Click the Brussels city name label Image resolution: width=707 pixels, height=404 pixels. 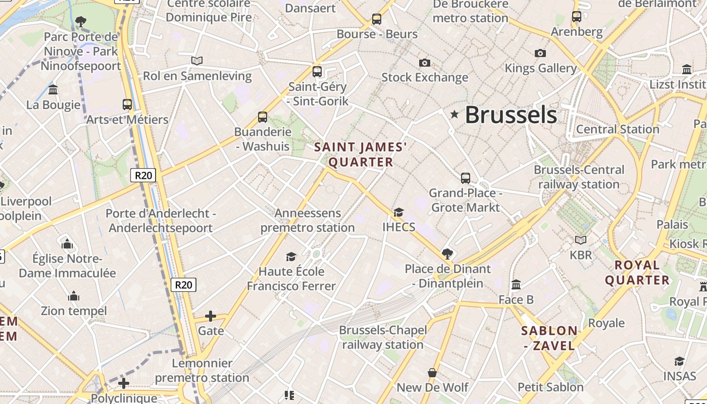511,115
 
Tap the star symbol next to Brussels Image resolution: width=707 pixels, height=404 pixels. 454,115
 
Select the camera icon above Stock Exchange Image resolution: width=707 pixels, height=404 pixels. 425,63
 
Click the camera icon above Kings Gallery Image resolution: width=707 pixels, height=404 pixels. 540,53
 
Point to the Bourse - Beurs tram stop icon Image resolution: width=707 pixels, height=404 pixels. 376,19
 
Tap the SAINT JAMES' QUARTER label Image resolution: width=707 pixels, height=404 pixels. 361,155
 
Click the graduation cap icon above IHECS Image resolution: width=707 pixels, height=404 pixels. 398,212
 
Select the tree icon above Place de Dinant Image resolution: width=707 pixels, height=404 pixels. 447,254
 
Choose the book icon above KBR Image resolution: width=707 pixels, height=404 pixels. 581,240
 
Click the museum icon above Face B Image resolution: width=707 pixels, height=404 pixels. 516,285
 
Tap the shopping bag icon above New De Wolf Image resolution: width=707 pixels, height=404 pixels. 432,373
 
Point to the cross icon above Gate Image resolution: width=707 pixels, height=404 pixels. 211,317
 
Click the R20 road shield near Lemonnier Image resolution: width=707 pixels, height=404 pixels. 183,285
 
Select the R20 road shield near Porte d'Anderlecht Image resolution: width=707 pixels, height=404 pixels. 143,175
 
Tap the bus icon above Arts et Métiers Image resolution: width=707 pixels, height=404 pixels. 127,105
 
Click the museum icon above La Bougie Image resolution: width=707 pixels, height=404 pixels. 53,90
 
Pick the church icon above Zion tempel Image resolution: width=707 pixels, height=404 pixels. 74,295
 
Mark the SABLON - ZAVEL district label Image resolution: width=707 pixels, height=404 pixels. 549,338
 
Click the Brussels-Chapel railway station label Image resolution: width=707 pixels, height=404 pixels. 383,337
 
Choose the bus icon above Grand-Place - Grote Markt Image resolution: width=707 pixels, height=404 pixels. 465,178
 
